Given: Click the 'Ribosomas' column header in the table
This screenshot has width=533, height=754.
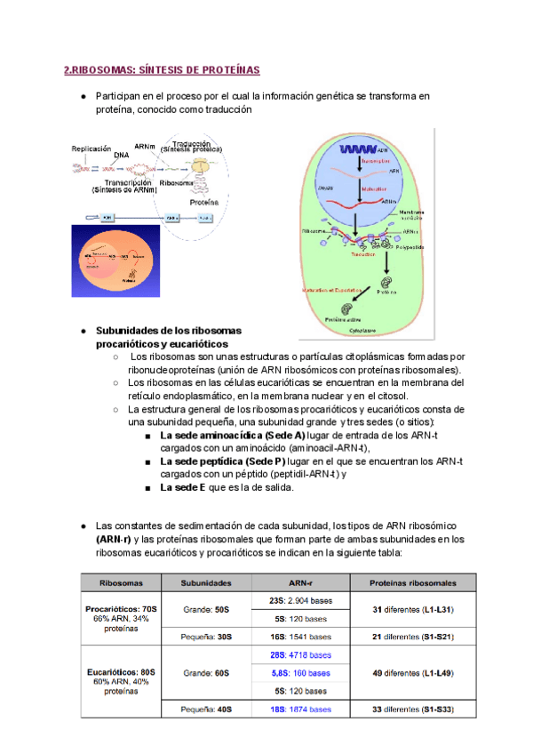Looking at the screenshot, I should [123, 583].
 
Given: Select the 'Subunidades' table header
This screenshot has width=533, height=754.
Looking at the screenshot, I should [206, 583].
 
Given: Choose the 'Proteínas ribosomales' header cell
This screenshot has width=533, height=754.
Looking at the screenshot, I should [413, 583].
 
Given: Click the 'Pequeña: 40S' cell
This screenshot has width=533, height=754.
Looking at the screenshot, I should [206, 710].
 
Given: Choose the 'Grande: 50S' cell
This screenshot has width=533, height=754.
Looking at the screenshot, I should [206, 610].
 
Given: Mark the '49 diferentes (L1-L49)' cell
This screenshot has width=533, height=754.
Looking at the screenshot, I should [413, 673].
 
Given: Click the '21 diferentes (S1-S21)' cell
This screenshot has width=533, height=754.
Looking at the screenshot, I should [413, 637].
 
